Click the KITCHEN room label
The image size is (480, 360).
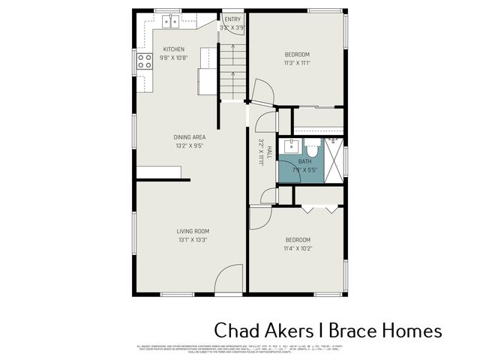pyautogui.click(x=173, y=49)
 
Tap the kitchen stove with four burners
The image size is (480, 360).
pyautogui.click(x=144, y=61)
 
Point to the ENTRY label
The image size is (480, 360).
pyautogui.click(x=232, y=19)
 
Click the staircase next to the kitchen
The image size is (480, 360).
pyautogui.click(x=233, y=71)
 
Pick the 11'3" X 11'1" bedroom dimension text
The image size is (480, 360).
pyautogui.click(x=297, y=63)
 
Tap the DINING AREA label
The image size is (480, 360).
pyautogui.click(x=189, y=137)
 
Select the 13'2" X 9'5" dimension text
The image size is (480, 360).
pyautogui.click(x=189, y=146)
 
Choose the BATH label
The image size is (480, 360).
pyautogui.click(x=304, y=161)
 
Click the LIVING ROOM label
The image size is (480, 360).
pyautogui.click(x=193, y=231)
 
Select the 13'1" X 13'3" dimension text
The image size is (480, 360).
pyautogui.click(x=193, y=240)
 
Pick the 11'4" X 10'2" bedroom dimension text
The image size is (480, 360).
pyautogui.click(x=297, y=248)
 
